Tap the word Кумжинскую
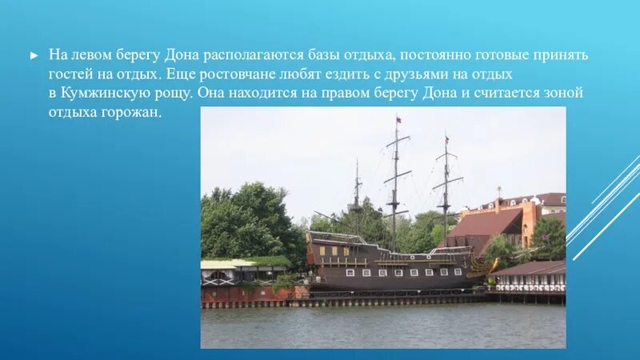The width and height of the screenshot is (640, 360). (x=106, y=94)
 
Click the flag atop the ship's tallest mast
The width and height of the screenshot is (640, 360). (x=398, y=120)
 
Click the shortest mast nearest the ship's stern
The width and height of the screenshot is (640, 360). (x=357, y=196)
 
